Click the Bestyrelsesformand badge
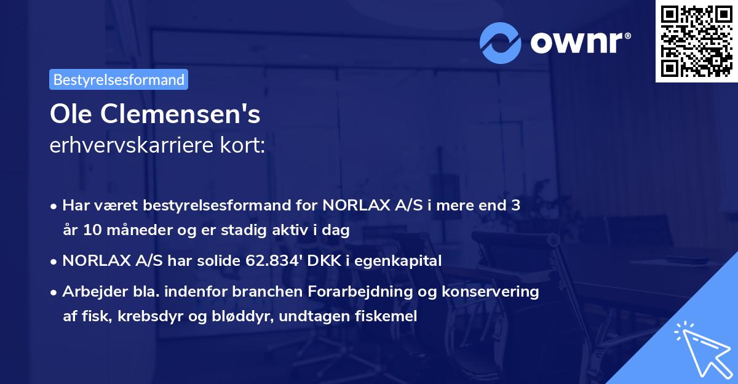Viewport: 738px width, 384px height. click(119, 79)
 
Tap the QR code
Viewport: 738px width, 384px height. click(696, 41)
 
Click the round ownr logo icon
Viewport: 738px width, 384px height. click(501, 42)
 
